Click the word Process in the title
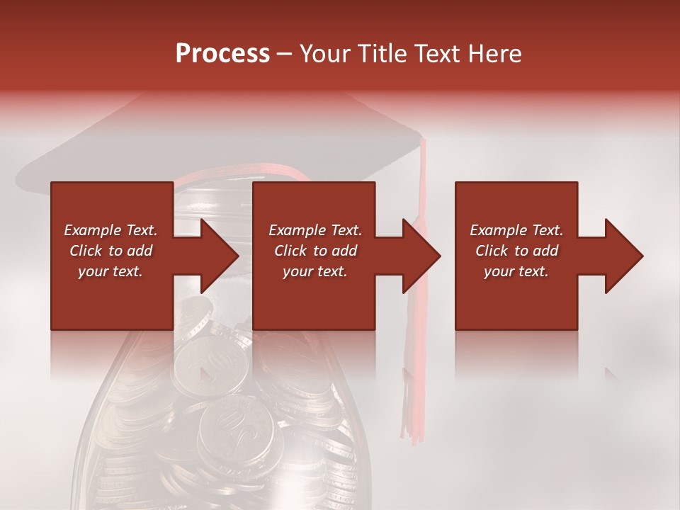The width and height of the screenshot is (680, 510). tap(222, 54)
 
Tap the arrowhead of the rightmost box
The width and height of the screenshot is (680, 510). tap(623, 256)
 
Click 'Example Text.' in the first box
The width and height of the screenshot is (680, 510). tap(110, 230)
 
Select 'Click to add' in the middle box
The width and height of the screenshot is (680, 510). tap(315, 251)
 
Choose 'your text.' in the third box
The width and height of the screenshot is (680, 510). tap(516, 271)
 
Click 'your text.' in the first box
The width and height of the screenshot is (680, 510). tap(110, 271)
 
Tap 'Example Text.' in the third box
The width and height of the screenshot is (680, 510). tap(516, 230)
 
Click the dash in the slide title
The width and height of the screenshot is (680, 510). tap(285, 54)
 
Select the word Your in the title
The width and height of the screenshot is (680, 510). tap(325, 54)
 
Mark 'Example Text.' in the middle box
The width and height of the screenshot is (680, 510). tap(315, 230)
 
